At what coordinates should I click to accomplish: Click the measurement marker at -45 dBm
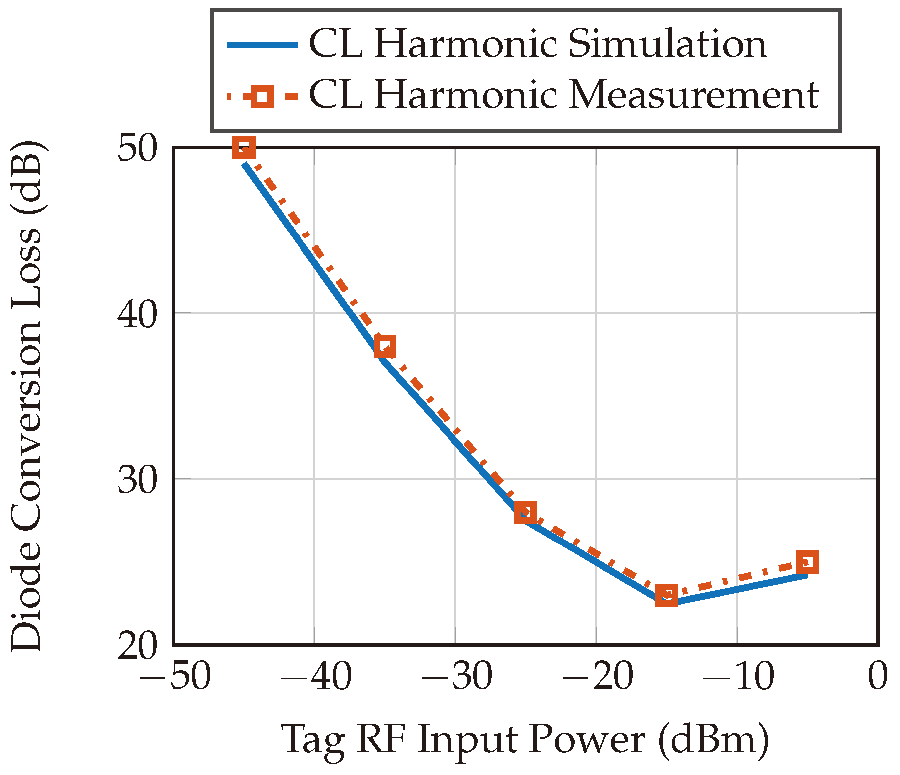coord(244,148)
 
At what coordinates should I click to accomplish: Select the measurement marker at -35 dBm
coord(385,346)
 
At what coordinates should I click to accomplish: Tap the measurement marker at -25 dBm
coord(525,512)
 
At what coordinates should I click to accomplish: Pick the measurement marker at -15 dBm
coord(667,595)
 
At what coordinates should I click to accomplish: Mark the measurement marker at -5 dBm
coord(807,562)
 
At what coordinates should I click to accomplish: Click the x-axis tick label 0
coord(878,677)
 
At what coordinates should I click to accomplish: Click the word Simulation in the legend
coord(667,44)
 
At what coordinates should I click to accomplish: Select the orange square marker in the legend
coord(262,95)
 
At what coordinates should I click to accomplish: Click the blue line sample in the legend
coord(262,45)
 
